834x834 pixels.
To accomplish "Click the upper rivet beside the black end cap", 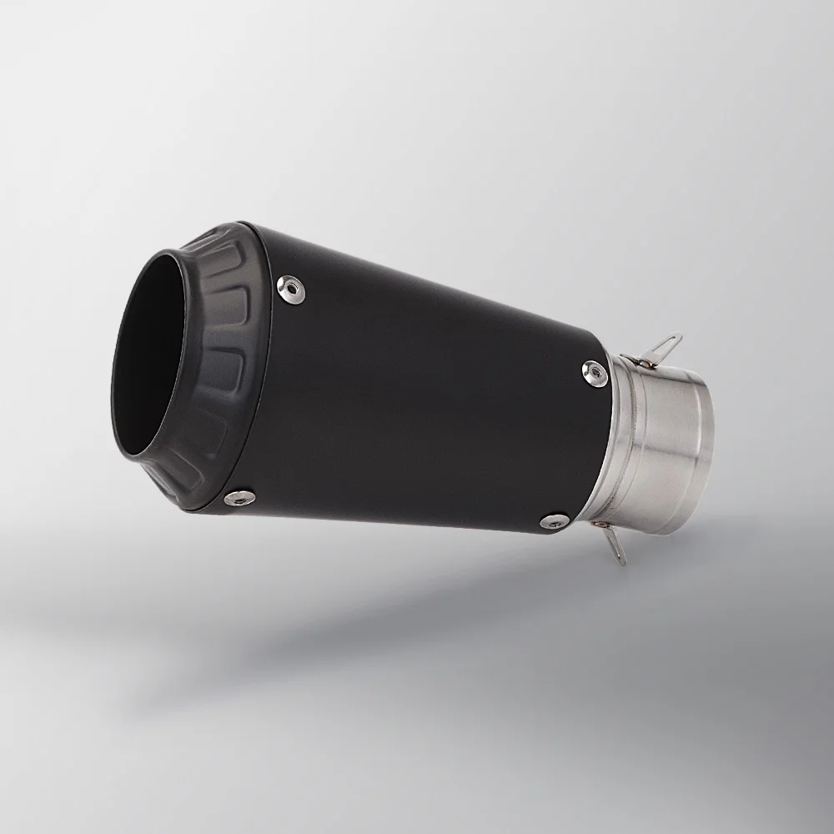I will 289,285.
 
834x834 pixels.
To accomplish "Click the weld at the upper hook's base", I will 636,360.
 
